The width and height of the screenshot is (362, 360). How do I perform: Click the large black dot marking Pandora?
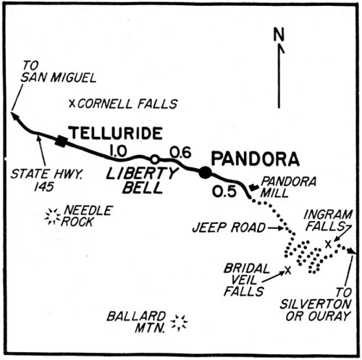[x=206, y=172]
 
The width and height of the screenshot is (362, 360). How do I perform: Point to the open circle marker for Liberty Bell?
[x=153, y=159]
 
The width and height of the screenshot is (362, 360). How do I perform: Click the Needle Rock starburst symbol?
[x=51, y=216]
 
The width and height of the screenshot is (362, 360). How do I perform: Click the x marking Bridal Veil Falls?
[x=288, y=270]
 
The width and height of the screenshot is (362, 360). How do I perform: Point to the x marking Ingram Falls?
[x=328, y=243]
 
